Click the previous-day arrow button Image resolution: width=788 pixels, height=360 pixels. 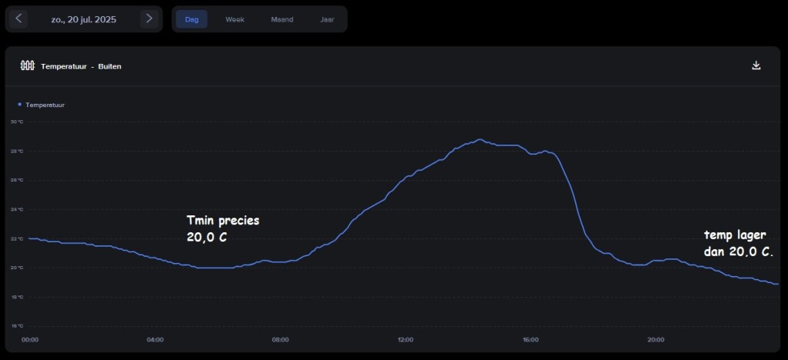tap(19, 18)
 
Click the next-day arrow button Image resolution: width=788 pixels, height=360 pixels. tap(149, 18)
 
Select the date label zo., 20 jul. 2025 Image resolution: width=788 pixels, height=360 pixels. tap(84, 19)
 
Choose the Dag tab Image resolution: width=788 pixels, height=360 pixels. tap(192, 19)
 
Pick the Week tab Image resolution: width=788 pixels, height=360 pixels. tap(235, 19)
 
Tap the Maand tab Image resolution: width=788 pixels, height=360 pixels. tap(282, 19)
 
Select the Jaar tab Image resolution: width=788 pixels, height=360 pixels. tap(327, 19)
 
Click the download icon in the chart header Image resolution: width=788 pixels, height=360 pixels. tap(756, 65)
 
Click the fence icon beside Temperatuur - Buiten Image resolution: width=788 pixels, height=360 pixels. tap(28, 66)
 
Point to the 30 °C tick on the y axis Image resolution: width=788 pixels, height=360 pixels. tap(17, 122)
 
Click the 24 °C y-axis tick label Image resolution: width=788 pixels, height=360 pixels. tap(17, 209)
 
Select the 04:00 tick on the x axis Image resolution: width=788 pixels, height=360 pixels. tap(155, 339)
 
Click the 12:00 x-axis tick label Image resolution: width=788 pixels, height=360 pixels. tap(406, 339)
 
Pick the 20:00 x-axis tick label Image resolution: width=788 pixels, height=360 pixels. tap(656, 339)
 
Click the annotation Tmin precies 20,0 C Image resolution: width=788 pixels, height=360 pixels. tap(222, 228)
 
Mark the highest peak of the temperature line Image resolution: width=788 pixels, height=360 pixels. tap(480, 139)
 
